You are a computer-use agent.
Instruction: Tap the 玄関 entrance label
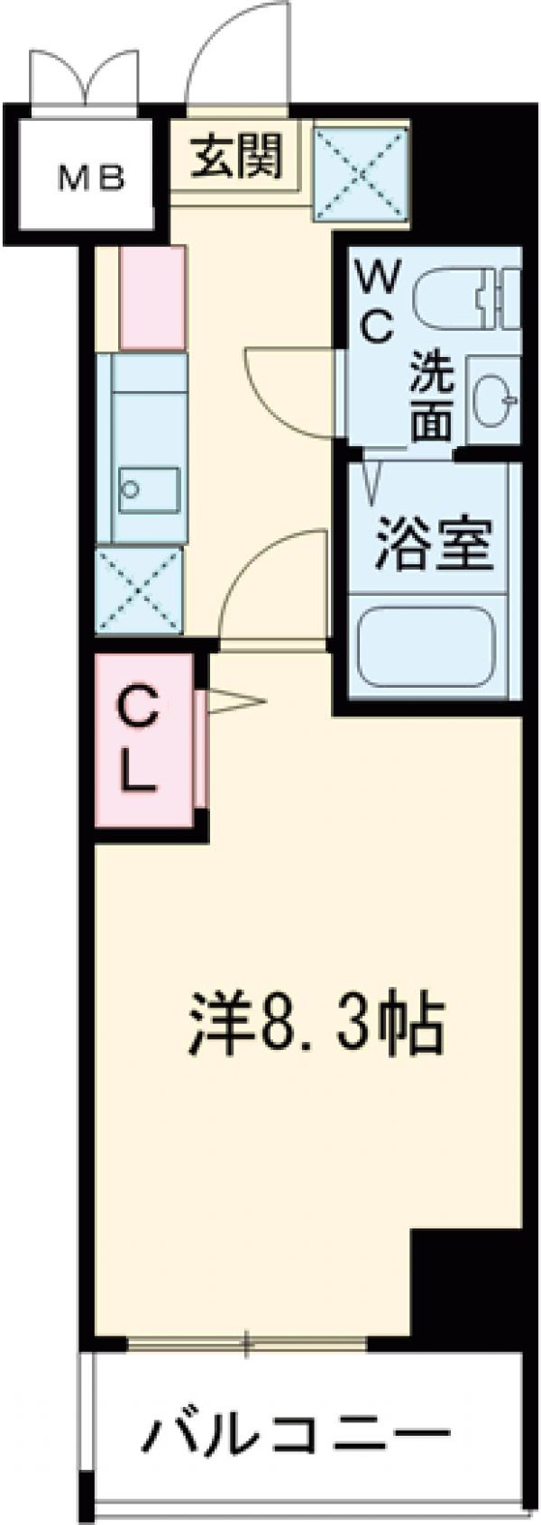pyautogui.click(x=237, y=155)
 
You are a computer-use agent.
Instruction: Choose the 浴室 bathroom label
pyautogui.click(x=434, y=544)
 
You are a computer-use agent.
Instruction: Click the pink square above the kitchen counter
pyautogui.click(x=152, y=297)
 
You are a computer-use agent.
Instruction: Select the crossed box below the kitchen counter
pyautogui.click(x=139, y=589)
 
